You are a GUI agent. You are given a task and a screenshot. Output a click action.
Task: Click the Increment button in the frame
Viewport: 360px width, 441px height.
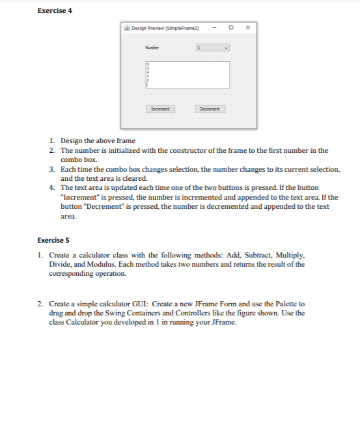tap(159, 109)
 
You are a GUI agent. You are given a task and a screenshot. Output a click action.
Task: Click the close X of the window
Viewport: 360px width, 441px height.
tap(247, 28)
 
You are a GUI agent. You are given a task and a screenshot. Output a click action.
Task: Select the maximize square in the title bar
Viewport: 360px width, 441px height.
tap(231, 28)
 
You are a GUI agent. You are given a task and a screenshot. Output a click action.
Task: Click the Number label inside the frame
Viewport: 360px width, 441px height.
tap(152, 47)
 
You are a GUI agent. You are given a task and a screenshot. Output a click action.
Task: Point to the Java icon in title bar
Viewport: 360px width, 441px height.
tap(127, 28)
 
